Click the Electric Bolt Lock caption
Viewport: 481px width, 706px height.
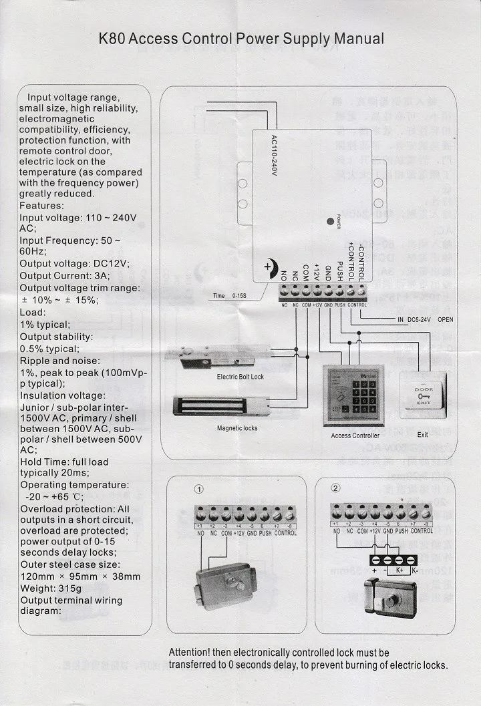[x=240, y=377]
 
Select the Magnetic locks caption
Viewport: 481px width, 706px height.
[x=237, y=428]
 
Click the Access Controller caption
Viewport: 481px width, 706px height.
[x=355, y=435]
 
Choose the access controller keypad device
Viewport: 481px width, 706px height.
[x=353, y=395]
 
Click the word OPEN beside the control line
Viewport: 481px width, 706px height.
[x=445, y=320]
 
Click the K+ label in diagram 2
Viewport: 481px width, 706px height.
[x=399, y=571]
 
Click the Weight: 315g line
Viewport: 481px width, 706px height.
[x=51, y=588]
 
